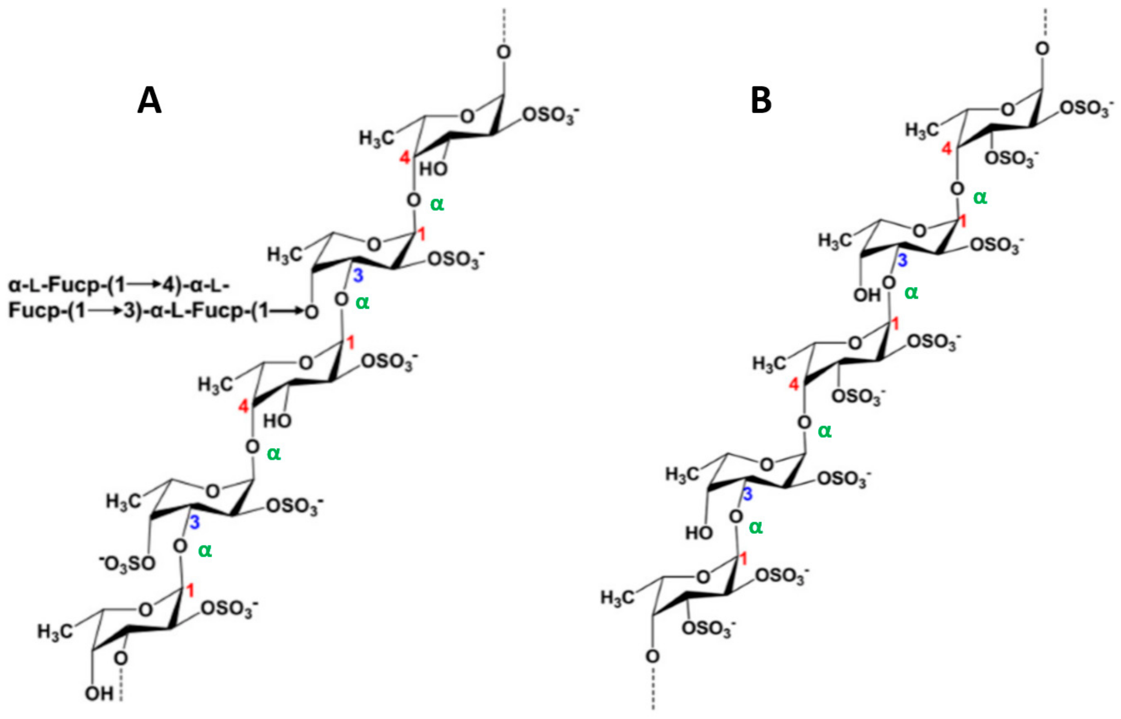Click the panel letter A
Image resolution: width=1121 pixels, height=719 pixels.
[x=149, y=101]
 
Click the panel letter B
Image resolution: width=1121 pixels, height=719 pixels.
[x=761, y=100]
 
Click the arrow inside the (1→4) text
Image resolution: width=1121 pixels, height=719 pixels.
[x=145, y=284]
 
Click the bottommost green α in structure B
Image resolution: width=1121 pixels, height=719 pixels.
[x=756, y=527]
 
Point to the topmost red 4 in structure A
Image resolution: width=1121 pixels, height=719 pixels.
[x=405, y=158]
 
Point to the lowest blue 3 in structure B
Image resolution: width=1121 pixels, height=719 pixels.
[x=748, y=494]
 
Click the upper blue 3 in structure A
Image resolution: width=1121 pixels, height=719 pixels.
[x=358, y=276]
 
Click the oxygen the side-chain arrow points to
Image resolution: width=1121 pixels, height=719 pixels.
[x=312, y=312]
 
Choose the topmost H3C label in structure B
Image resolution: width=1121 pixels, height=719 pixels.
[x=921, y=130]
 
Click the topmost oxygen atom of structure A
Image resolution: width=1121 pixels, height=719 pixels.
[x=503, y=52]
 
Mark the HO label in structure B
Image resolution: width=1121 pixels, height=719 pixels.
[x=699, y=533]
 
